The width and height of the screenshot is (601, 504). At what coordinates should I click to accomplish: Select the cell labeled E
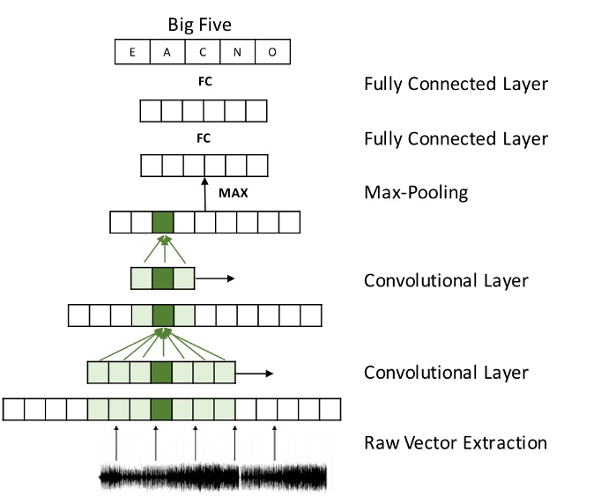coord(132,53)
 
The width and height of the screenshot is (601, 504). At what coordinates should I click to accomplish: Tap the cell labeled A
coord(167,53)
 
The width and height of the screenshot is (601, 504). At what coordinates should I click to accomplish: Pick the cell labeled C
coord(203,53)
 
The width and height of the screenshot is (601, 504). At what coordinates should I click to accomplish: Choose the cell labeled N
coord(238,53)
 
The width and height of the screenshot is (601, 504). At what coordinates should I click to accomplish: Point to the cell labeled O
coord(273,53)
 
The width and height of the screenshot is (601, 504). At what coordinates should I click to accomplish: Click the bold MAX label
coord(232,190)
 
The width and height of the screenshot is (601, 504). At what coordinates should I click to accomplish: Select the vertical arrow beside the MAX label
coord(204,193)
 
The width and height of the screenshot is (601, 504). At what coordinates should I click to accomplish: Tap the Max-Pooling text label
coord(417,191)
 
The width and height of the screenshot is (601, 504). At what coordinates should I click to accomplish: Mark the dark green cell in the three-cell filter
coord(162,278)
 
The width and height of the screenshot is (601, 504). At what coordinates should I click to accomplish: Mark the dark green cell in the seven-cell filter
coord(161,373)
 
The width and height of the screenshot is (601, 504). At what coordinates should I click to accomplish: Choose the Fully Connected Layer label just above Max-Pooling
coord(456,139)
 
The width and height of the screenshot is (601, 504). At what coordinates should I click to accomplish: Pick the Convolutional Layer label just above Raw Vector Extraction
coord(446,373)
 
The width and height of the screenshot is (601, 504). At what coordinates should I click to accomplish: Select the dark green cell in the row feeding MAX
coord(162,222)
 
